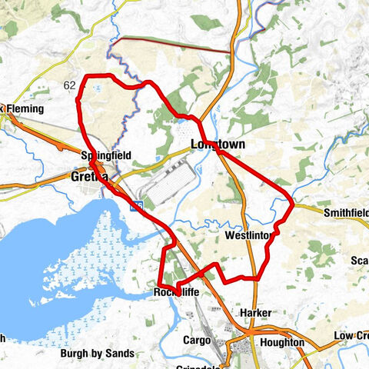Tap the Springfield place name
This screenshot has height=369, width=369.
[x=106, y=156]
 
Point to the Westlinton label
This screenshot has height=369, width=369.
[x=247, y=235]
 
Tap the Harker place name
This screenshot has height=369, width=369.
[x=254, y=311]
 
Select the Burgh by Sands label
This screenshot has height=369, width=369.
[x=98, y=354]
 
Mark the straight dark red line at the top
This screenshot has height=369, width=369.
[x=173, y=45]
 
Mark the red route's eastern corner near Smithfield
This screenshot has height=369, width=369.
[x=292, y=202]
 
